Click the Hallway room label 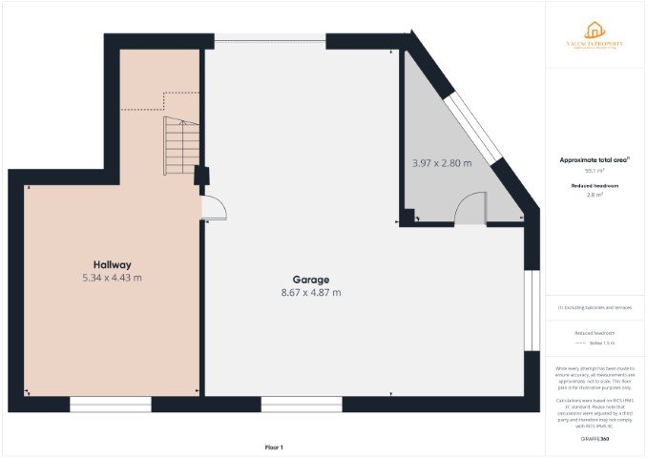112,264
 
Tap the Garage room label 298,280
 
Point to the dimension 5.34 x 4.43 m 112,278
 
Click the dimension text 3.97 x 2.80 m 442,163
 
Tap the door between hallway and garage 214,206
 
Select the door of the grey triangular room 470,210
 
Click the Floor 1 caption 275,447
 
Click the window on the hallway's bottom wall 111,405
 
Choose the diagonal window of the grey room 472,125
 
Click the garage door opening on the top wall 270,41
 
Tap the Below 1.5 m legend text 601,343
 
